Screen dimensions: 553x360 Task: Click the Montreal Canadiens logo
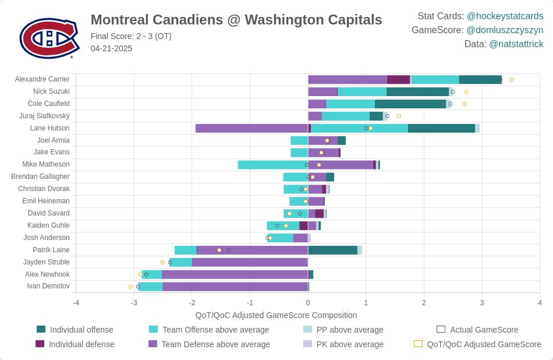pos(49,38)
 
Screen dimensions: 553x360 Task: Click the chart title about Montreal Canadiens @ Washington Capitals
pos(236,20)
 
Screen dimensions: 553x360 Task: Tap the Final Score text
pos(131,36)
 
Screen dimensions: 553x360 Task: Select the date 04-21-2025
pos(111,48)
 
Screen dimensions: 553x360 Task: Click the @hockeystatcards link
pos(505,16)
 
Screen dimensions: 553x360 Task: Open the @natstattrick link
pos(516,44)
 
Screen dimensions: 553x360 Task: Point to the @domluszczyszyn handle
pos(505,30)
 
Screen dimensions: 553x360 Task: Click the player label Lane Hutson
pos(49,128)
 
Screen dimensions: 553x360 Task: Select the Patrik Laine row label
pos(51,250)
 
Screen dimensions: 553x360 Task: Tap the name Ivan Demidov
pos(48,286)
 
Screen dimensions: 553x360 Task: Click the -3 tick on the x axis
pos(134,303)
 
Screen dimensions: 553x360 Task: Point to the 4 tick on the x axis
pos(540,303)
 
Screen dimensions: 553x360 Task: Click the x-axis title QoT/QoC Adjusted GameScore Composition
pos(276,315)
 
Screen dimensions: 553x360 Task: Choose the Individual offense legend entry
pos(75,330)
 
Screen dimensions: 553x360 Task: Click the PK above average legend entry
pos(343,344)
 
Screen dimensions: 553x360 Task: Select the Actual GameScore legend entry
pos(477,330)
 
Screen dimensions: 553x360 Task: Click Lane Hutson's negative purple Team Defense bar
pos(252,129)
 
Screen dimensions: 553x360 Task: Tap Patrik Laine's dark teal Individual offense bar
pos(333,250)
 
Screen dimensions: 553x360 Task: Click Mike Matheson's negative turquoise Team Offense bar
pos(274,165)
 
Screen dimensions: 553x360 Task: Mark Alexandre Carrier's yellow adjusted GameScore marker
pos(512,80)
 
